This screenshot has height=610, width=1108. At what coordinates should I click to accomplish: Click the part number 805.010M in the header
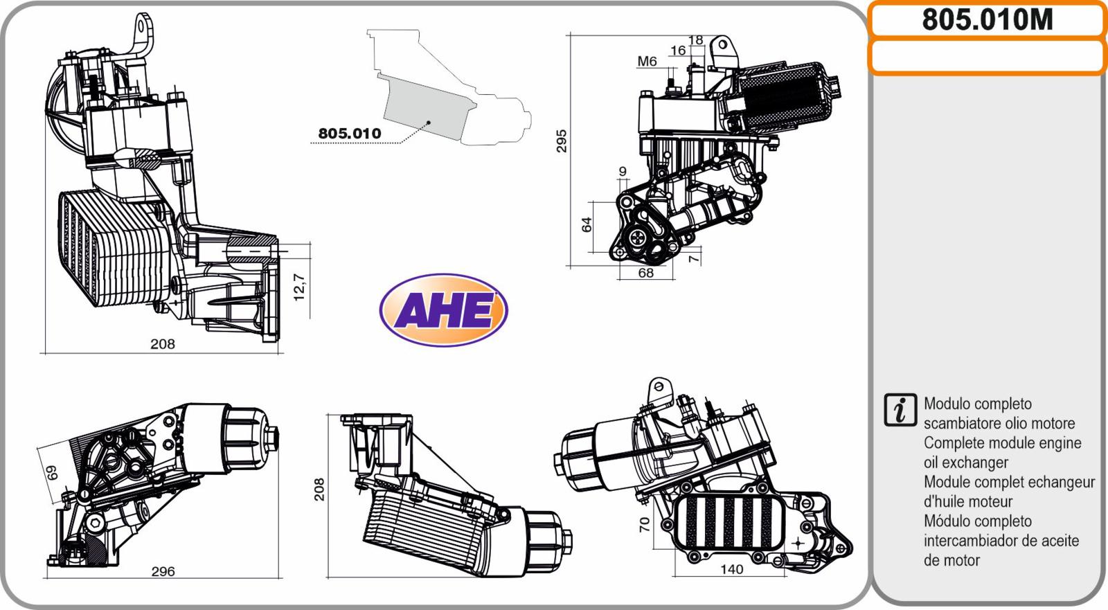[x=988, y=20]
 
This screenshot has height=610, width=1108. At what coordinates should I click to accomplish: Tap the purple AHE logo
[x=444, y=310]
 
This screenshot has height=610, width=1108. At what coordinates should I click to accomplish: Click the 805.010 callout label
[x=350, y=133]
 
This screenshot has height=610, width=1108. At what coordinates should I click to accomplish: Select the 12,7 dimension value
[x=299, y=287]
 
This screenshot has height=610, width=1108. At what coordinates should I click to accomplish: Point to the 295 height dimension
[x=562, y=141]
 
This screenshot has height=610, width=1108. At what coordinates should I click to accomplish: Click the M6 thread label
[x=647, y=62]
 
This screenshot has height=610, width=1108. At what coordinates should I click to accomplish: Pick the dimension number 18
[x=695, y=40]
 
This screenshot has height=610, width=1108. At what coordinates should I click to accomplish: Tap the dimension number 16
[x=678, y=50]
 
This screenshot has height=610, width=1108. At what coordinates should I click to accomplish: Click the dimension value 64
[x=587, y=224]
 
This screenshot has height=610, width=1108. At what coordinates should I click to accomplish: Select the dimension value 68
[x=646, y=273]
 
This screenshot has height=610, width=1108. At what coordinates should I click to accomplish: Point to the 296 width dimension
[x=163, y=571]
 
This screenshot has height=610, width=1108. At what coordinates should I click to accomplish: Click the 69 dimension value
[x=52, y=472]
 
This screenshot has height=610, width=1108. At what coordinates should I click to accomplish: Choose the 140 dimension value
[x=731, y=569]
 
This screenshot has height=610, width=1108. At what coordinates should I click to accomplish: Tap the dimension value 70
[x=645, y=524]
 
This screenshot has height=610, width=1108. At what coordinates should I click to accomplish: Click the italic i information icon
[x=900, y=410]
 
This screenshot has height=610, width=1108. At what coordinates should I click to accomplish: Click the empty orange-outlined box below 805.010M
[x=988, y=57]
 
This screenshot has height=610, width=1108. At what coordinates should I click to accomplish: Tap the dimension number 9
[x=623, y=171]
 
